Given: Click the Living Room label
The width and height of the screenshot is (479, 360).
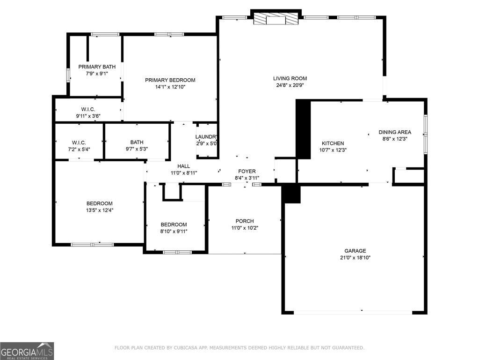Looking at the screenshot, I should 290,78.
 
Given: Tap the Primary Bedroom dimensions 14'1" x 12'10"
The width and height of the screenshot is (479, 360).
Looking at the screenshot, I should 170,87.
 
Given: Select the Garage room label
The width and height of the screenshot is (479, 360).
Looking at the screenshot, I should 356,251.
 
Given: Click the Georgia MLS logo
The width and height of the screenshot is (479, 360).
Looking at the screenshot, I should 27,351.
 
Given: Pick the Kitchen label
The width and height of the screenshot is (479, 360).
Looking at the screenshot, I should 333,143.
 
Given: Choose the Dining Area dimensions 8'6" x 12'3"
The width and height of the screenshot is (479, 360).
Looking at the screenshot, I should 395,139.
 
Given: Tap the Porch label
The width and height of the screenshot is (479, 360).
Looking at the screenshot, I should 244,221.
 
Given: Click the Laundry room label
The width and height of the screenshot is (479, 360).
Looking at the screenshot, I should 206,137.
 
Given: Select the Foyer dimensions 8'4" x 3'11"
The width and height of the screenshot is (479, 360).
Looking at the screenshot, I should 247,178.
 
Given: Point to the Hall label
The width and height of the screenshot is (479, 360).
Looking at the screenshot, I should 183,166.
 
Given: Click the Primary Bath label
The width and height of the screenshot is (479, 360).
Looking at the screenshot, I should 97,67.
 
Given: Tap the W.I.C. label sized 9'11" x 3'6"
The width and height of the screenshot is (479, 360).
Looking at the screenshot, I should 88,109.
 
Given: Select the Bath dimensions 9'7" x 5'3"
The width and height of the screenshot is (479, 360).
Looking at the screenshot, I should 137,149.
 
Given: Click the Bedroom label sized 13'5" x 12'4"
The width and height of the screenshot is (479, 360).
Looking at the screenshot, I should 99,203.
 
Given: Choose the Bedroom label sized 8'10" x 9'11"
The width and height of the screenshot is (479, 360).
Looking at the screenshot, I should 174,225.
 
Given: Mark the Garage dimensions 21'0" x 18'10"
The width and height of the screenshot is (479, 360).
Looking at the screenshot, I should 356,257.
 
